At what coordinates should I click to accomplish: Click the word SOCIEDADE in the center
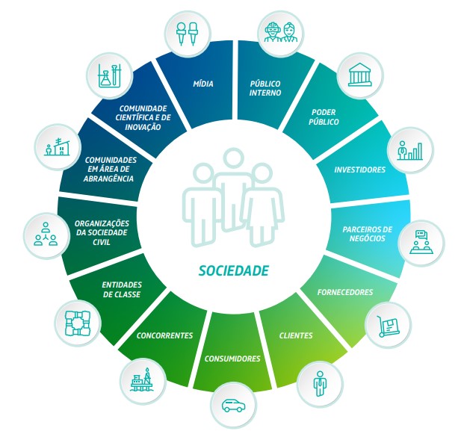pos(233,271)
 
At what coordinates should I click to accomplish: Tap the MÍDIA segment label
pos(203,84)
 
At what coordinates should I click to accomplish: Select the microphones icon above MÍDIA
pos(187,34)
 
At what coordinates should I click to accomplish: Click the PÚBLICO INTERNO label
pos(265,88)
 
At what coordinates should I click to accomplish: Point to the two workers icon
pos(281,33)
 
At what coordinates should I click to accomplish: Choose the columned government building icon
pos(360,75)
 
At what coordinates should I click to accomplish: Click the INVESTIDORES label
pos(360,170)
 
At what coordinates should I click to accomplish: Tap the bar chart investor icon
pos(410,151)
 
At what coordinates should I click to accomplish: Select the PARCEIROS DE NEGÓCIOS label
pos(367,234)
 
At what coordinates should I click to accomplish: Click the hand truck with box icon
pos(389,326)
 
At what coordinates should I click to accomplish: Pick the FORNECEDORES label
pos(345,292)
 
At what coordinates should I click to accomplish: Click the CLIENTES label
pos(296,335)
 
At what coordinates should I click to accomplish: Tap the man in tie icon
pos(320,384)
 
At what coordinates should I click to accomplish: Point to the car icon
pos(233,406)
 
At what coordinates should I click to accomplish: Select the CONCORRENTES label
pos(164,335)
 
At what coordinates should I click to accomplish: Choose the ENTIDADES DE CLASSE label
pos(122,290)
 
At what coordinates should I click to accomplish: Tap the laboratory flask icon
pos(109,75)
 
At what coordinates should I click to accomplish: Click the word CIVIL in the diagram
pos(102,242)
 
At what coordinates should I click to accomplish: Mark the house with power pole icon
pos(58,147)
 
